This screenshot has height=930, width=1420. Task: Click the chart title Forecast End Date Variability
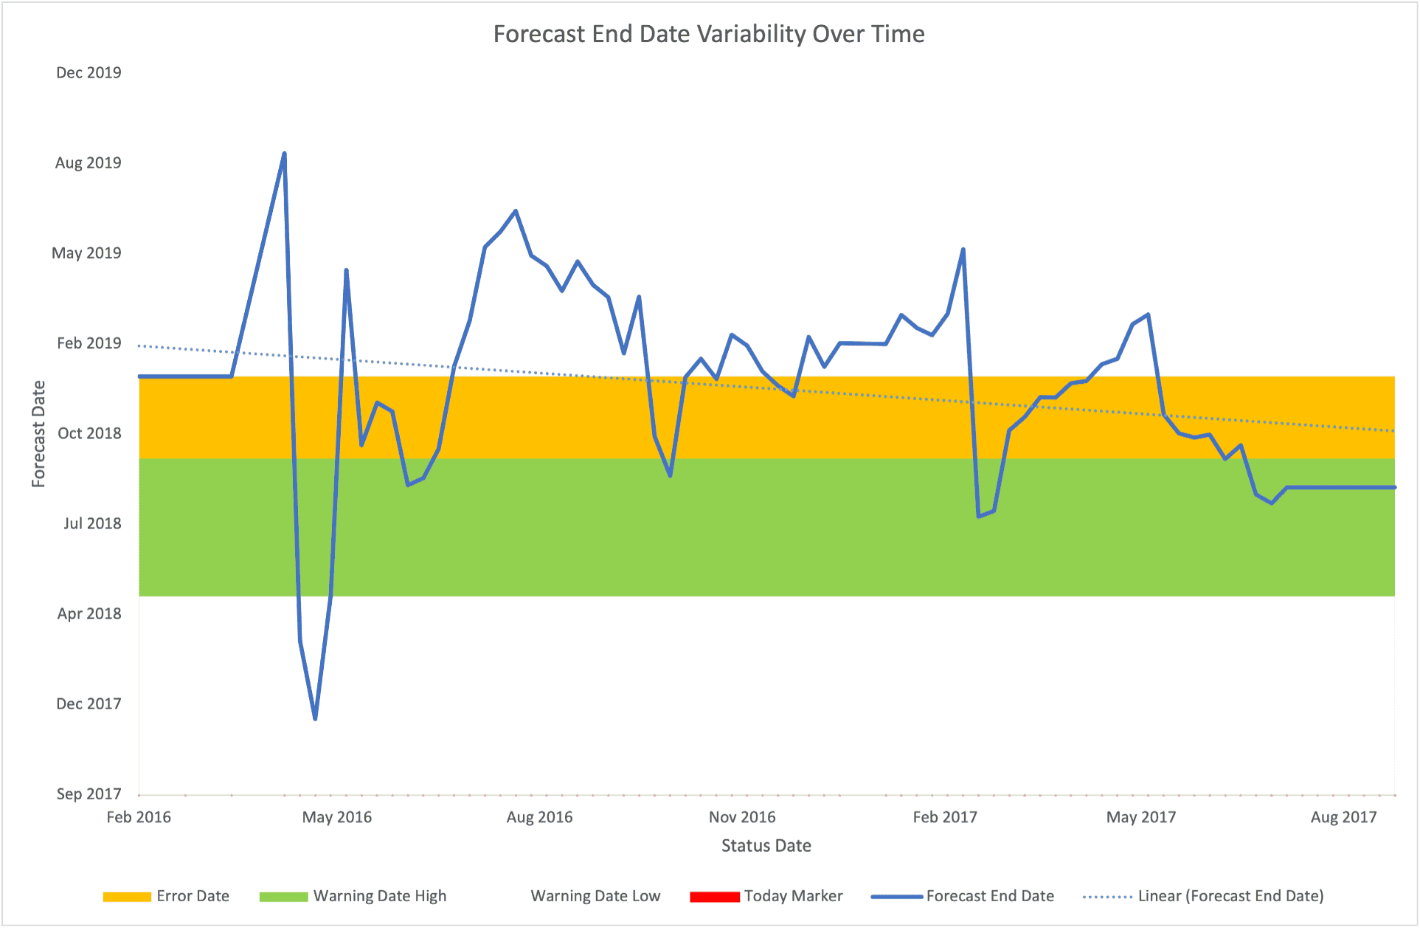(x=708, y=34)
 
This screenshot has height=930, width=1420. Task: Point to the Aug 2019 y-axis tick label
(x=88, y=163)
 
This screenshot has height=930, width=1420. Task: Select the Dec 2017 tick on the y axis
(x=88, y=704)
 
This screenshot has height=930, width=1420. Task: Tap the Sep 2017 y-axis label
(x=88, y=794)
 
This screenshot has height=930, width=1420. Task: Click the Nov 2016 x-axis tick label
(x=742, y=817)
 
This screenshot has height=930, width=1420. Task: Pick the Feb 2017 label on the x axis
(x=944, y=817)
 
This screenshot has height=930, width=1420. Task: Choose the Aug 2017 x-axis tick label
(x=1343, y=817)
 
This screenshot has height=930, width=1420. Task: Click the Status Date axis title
(x=766, y=846)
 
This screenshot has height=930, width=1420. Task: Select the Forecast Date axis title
(x=38, y=434)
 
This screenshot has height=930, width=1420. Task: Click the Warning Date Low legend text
(x=595, y=896)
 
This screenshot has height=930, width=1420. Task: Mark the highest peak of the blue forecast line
(x=284, y=154)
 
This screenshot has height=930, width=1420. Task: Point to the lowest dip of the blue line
(x=315, y=718)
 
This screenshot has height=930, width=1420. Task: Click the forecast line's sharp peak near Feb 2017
(x=963, y=249)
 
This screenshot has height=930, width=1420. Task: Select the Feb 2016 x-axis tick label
(x=139, y=817)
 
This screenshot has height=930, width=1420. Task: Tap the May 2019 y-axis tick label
(x=86, y=253)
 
